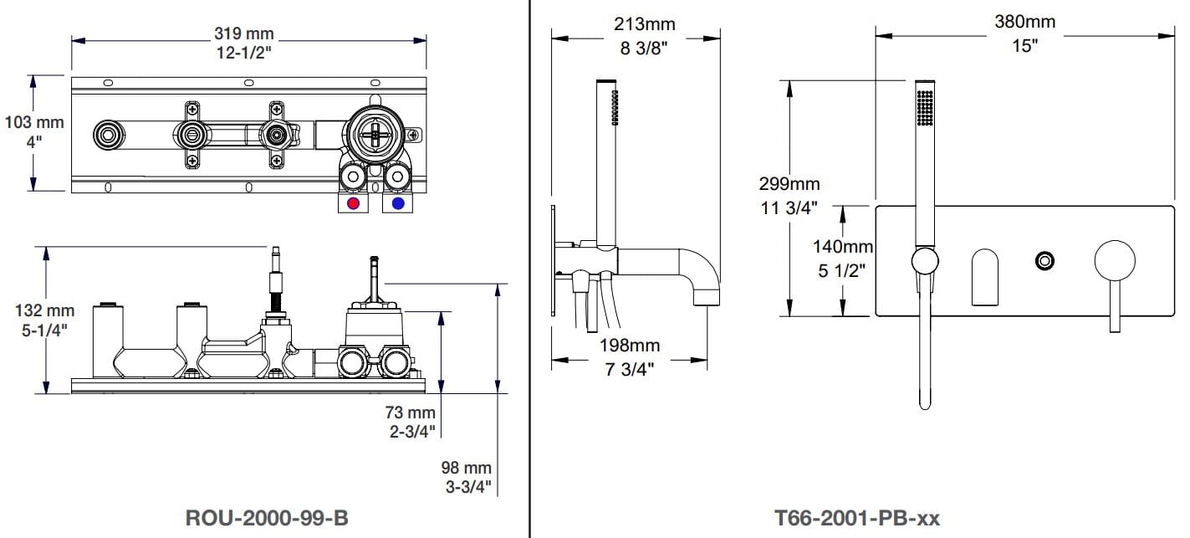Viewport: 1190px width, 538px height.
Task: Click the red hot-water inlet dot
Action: click(x=354, y=203)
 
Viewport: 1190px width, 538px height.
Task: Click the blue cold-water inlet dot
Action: click(x=397, y=203)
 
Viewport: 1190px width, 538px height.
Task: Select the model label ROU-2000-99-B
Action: click(x=266, y=518)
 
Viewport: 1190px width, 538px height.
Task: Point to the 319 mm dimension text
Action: click(x=244, y=34)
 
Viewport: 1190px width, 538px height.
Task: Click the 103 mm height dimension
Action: click(x=34, y=122)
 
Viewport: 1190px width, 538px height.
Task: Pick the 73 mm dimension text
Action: click(x=410, y=412)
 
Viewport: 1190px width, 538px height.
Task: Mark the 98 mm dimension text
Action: click(x=467, y=468)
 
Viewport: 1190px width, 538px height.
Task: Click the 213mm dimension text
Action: click(x=644, y=24)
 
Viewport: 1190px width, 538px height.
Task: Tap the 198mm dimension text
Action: click(x=629, y=345)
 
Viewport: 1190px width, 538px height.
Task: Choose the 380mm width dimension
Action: click(x=1024, y=22)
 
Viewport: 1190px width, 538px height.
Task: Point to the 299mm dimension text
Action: click(x=789, y=183)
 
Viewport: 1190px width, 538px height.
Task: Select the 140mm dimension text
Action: click(x=843, y=247)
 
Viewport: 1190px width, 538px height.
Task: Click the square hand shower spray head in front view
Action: click(x=924, y=107)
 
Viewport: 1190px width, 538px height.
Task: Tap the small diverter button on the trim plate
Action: click(x=1044, y=260)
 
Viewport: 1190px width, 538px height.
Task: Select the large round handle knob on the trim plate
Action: click(x=1115, y=260)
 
